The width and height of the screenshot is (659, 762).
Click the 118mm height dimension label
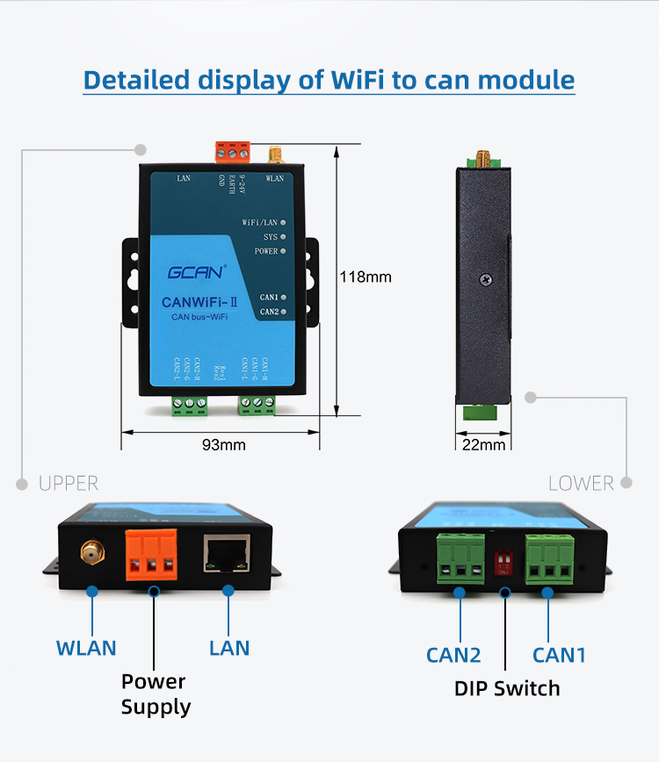pos(366,277)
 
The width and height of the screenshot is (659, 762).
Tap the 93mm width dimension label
pos(224,444)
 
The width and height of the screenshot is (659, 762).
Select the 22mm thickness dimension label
pos(483,444)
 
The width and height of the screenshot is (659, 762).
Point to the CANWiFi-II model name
pos(195,303)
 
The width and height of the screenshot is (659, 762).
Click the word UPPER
pos(69,484)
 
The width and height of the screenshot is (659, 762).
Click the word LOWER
pos(580,484)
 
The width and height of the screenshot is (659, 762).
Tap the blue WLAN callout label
pos(86,649)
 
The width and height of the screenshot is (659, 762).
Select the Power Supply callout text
pos(154,694)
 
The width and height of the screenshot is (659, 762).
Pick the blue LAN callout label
pos(229,649)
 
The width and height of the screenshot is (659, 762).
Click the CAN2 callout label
pos(453,655)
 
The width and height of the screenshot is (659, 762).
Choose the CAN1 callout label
pos(559,655)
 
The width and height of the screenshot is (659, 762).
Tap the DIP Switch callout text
pos(507,688)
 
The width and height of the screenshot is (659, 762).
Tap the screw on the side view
pos(485,279)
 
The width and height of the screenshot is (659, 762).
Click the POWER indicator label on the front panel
pos(265,251)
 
